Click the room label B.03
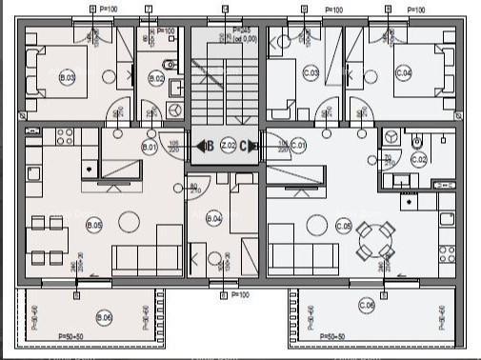coord(67,78)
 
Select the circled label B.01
coord(149,148)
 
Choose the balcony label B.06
coord(104,316)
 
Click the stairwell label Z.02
coord(228,146)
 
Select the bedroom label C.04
coord(403,73)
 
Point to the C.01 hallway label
coord(299,146)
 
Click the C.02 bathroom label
coord(419,159)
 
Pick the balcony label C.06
coord(367,305)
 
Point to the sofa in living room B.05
coord(143,257)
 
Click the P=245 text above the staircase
coord(245,30)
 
